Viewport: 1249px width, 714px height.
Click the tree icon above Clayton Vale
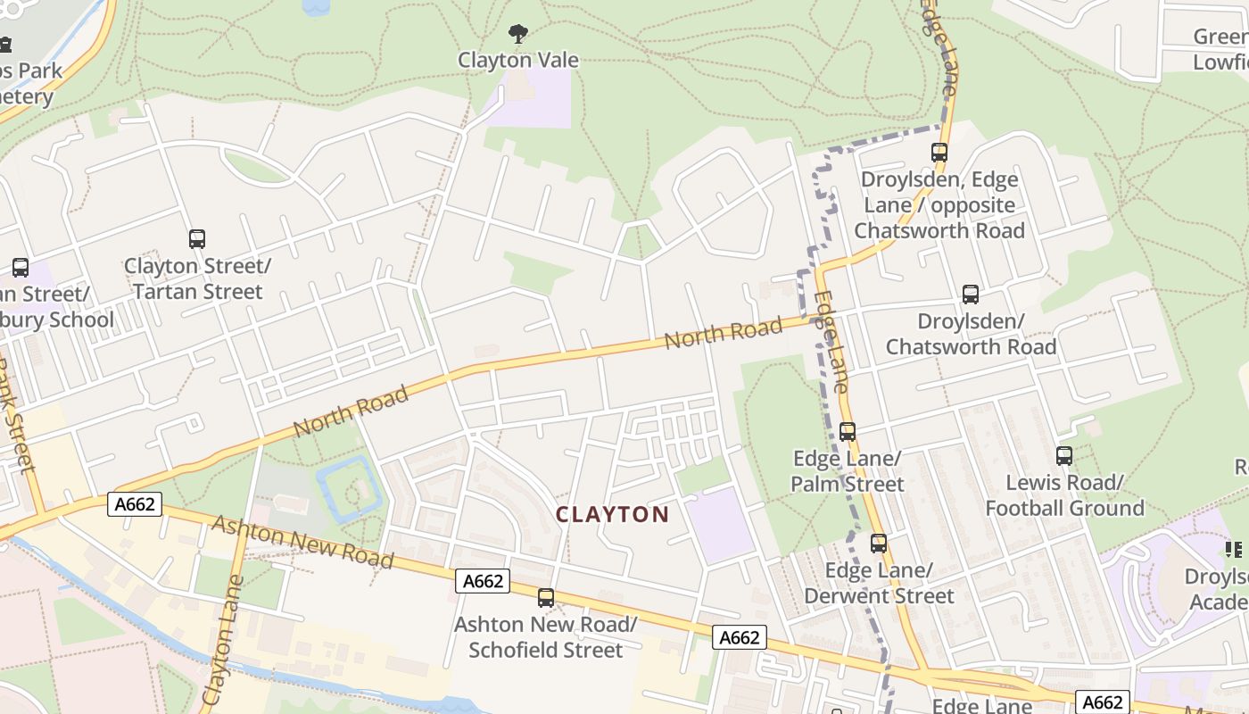point(517,35)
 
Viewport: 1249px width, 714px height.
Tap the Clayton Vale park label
point(518,61)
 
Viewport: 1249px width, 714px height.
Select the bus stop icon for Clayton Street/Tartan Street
point(197,239)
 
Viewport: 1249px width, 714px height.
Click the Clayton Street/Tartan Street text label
point(197,278)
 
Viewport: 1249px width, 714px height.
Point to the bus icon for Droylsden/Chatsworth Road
point(971,295)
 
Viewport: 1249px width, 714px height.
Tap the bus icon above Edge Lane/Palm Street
point(848,432)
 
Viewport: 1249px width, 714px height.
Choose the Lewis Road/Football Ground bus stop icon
point(1064,456)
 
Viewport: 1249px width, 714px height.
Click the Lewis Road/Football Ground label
point(1064,495)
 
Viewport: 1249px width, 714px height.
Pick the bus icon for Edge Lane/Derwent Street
point(879,544)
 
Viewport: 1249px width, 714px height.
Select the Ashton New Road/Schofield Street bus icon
point(546,598)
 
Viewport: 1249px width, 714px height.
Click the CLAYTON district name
point(612,514)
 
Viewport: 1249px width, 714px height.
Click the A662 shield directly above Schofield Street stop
point(483,581)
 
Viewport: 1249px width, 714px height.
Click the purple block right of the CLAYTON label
point(721,525)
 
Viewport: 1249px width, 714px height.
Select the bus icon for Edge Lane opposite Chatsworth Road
point(939,153)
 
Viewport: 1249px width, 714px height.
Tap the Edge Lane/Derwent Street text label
point(879,583)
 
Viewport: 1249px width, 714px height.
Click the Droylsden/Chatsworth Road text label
point(971,334)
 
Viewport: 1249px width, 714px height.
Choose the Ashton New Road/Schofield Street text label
point(546,637)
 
